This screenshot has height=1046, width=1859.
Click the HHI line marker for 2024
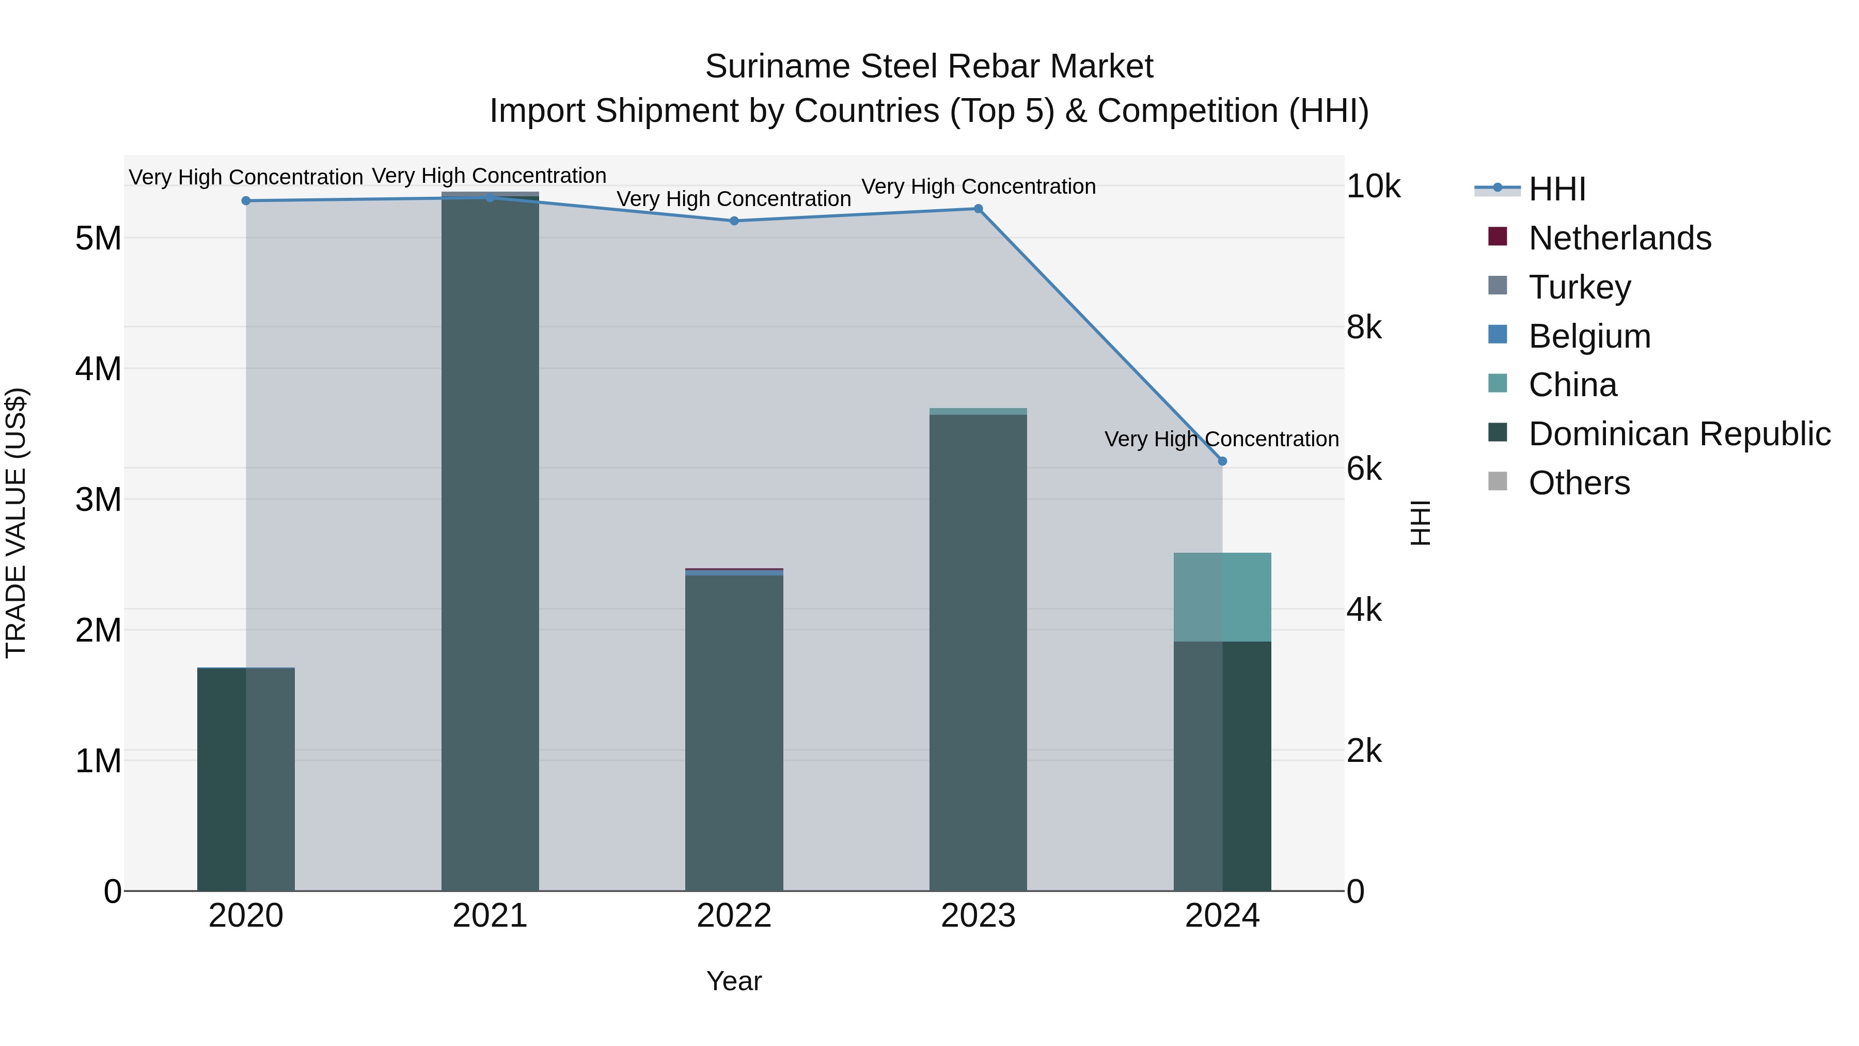pyautogui.click(x=1222, y=461)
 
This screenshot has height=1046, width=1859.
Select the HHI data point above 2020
pyautogui.click(x=246, y=201)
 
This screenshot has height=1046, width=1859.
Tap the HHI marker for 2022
pyautogui.click(x=734, y=221)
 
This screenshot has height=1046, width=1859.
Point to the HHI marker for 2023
pyautogui.click(x=978, y=209)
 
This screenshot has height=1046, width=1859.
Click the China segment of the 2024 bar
pyautogui.click(x=1222, y=597)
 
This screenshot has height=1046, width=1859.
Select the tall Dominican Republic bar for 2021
pyautogui.click(x=490, y=541)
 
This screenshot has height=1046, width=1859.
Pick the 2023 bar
pyautogui.click(x=978, y=650)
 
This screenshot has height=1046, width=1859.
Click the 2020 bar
pyautogui.click(x=246, y=779)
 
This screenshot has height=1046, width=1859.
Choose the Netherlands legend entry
pyautogui.click(x=1619, y=238)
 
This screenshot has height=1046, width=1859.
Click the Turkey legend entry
pyautogui.click(x=1579, y=287)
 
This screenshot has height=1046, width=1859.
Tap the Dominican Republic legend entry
pyautogui.click(x=1679, y=434)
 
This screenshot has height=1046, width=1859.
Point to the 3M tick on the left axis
pyautogui.click(x=98, y=499)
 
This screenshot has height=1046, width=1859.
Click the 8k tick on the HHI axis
pyautogui.click(x=1363, y=327)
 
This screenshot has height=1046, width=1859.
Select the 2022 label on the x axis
pyautogui.click(x=734, y=916)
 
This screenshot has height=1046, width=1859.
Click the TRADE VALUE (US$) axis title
pyautogui.click(x=16, y=523)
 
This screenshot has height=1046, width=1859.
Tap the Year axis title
pyautogui.click(x=734, y=981)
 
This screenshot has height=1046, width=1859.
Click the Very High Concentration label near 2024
pyautogui.click(x=1221, y=439)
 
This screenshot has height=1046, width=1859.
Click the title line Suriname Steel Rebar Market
pyautogui.click(x=929, y=67)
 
